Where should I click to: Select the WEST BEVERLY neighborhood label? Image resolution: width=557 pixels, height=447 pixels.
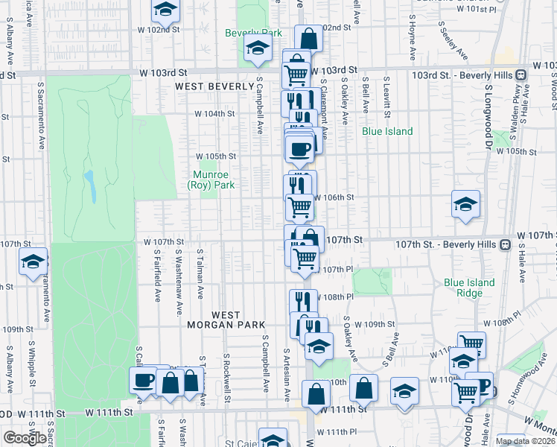coord(214,86)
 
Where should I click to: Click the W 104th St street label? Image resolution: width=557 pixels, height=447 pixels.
coord(214,114)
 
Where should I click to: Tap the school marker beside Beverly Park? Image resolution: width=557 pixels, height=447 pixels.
coord(258,49)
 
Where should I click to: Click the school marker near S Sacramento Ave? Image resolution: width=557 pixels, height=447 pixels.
coord(33,261)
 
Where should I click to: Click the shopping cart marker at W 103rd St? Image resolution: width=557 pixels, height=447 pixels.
coord(296,74)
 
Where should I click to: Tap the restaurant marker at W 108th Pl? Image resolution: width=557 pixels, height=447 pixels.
coord(303,302)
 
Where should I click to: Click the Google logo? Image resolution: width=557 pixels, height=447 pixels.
coord(24,438)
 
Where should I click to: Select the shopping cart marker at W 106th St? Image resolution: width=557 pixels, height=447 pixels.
coord(299,206)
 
